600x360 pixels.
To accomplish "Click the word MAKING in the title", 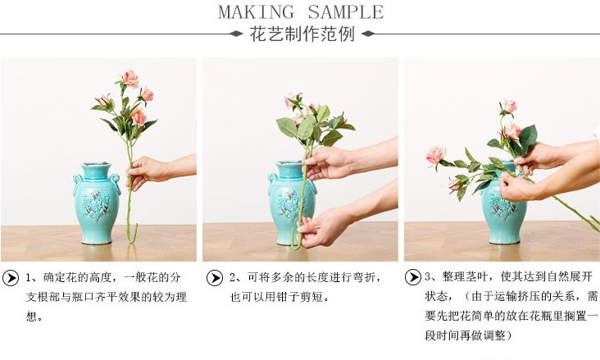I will (x=257, y=12).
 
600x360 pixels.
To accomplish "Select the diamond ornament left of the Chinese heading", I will (x=235, y=34).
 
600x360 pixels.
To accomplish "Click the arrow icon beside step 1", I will (x=11, y=277).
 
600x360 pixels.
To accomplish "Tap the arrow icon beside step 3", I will (x=412, y=277).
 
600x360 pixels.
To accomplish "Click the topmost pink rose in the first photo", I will (x=130, y=79).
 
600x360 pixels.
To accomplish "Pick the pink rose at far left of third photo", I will (x=434, y=154).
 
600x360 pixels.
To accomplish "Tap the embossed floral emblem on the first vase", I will (x=99, y=201).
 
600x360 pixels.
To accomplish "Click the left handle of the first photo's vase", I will (x=78, y=182).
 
